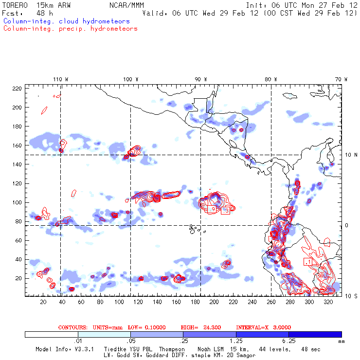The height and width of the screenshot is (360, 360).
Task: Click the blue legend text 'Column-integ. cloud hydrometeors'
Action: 66,21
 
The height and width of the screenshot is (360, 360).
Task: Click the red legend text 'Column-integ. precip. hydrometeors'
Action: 70,29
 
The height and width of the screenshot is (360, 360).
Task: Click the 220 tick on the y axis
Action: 17,88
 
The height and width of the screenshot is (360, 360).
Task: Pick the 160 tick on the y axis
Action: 17,145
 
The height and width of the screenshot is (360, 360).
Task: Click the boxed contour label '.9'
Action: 212,209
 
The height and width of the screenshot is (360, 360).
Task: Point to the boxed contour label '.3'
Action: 226,211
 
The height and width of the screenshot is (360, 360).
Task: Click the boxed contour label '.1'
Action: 307,262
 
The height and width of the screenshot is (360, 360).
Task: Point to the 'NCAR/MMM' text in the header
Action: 124,5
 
